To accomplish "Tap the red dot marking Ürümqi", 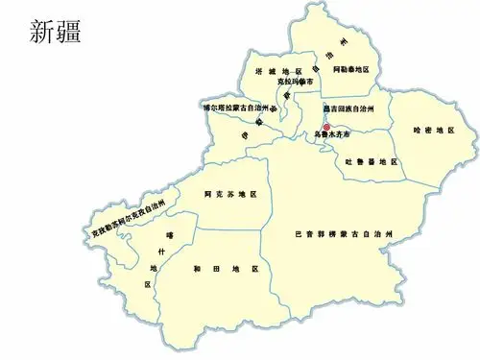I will pyautogui.click(x=326, y=128).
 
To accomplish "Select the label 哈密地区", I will pyautogui.click(x=432, y=130).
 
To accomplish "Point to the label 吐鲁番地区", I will pyautogui.click(x=372, y=160).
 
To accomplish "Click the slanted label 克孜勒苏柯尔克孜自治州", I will pyautogui.click(x=130, y=220).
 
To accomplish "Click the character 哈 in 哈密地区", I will pyautogui.click(x=416, y=130).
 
